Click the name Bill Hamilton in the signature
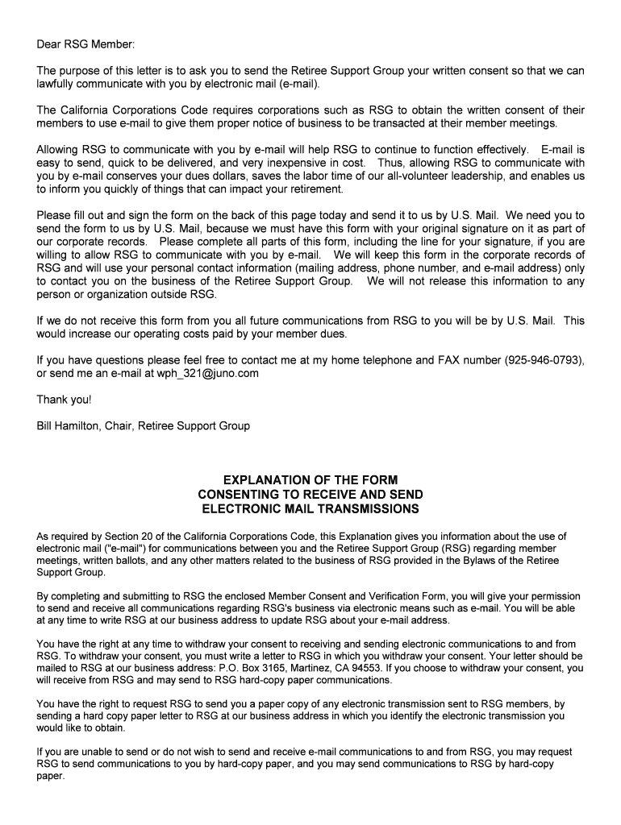[67, 425]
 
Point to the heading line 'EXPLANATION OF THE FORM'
[310, 479]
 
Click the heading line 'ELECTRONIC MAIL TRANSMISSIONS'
[310, 509]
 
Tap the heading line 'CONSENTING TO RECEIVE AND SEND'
[310, 494]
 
